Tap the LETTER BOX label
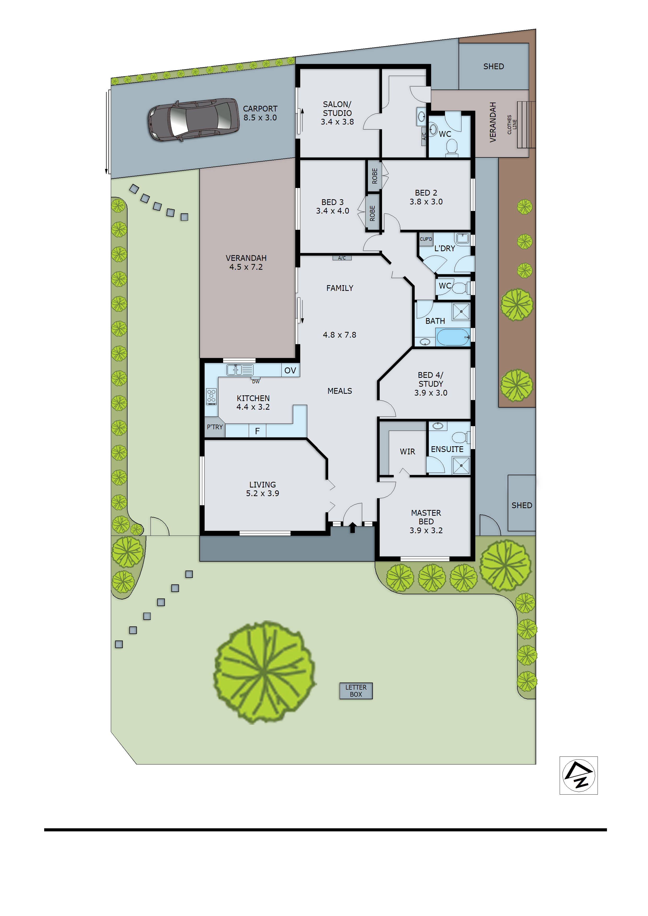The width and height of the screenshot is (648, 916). pos(356,691)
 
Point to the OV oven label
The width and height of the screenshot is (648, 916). pos(290,370)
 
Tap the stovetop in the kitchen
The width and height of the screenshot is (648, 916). pos(211,397)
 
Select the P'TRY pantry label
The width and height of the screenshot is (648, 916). pos(215,427)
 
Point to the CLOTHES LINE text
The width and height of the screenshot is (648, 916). pos(512,125)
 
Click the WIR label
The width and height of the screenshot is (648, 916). pos(407,452)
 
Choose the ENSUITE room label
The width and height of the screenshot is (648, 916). pos(447,449)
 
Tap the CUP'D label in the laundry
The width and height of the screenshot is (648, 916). pos(426,239)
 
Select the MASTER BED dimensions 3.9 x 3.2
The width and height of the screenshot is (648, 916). pos(426,530)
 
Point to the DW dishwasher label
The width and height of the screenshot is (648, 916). pos(256,382)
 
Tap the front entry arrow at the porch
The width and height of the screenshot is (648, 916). pos(352,527)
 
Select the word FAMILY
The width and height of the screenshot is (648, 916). pos(340,288)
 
